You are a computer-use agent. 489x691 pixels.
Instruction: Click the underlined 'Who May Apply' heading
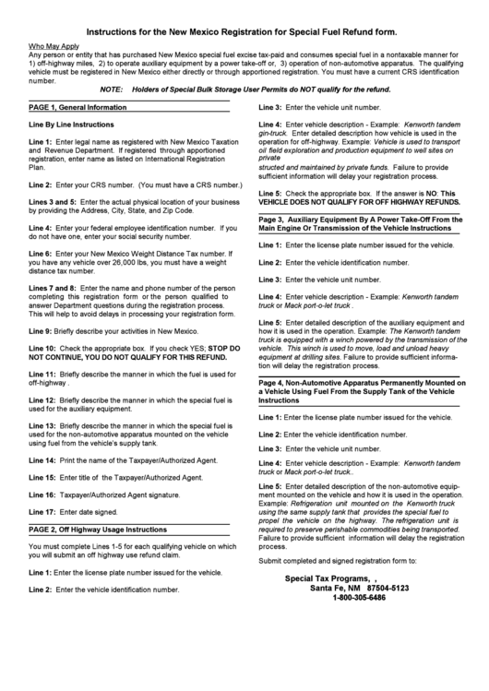click(x=54, y=45)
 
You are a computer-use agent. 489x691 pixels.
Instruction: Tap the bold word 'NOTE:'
click(x=111, y=90)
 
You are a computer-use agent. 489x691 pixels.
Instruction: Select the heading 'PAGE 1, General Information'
click(x=78, y=107)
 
